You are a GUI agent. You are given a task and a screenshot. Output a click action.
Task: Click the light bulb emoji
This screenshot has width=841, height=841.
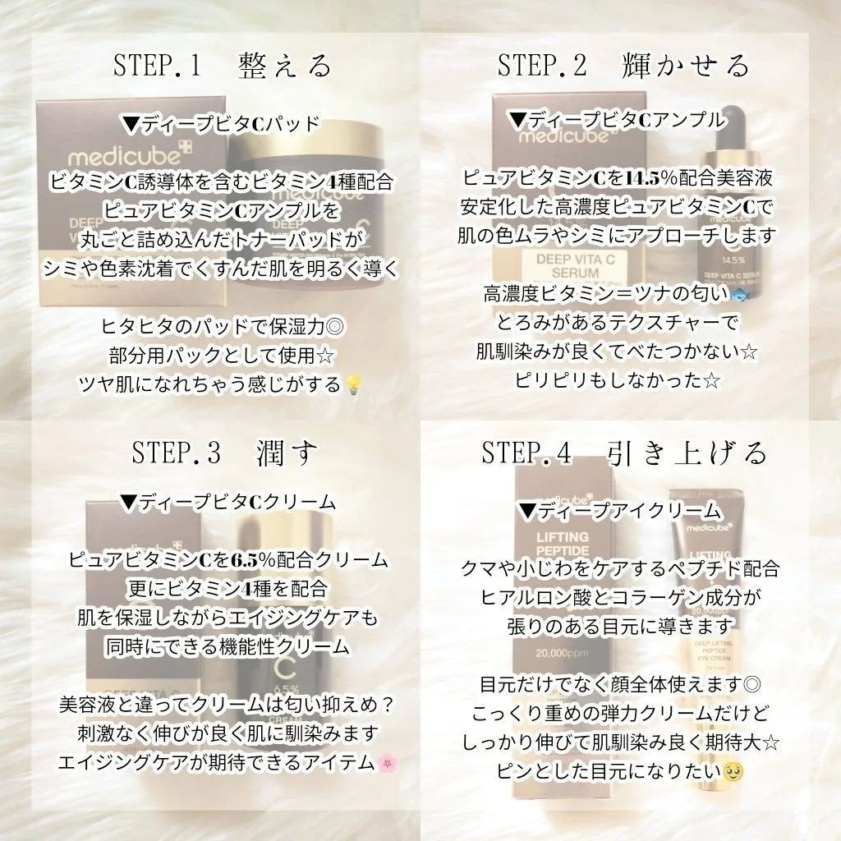coord(354,384)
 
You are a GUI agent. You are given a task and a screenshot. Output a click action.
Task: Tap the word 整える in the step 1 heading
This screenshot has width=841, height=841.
coord(285,66)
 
